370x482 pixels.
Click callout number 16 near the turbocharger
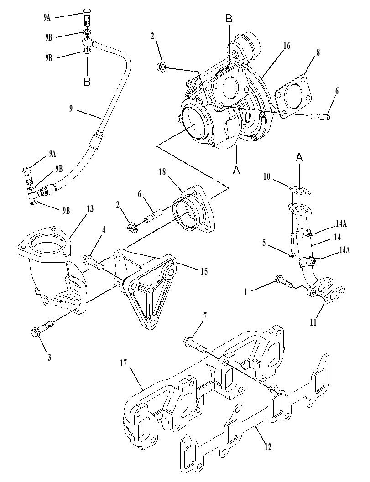coord(287,46)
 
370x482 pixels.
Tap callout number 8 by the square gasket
coord(318,52)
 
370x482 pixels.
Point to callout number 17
coord(124,363)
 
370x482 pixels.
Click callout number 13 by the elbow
coord(90,209)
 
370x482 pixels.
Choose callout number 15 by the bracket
coord(204,271)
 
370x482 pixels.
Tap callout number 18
coord(162,172)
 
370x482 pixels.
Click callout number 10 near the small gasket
coord(266,177)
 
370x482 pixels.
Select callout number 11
coord(313,322)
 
